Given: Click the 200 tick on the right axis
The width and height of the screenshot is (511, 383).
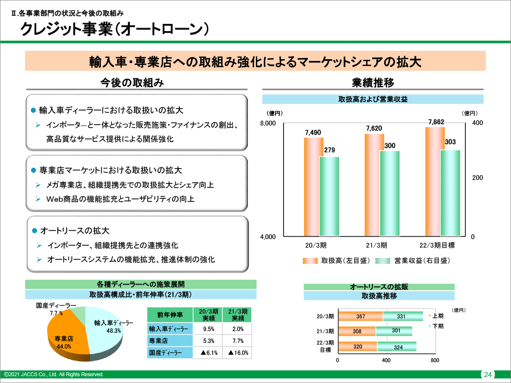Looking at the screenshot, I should (478, 178).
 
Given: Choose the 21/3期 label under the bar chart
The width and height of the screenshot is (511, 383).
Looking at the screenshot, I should (376, 245).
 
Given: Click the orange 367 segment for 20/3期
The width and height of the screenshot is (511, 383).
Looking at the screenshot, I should (361, 316).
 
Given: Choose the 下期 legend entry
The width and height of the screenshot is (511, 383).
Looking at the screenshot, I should (437, 326).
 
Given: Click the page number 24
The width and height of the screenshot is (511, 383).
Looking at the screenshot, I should (488, 375).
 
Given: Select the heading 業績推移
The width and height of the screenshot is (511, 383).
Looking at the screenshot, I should (373, 82).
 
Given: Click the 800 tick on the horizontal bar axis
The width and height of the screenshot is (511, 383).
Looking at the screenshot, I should (434, 360).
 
